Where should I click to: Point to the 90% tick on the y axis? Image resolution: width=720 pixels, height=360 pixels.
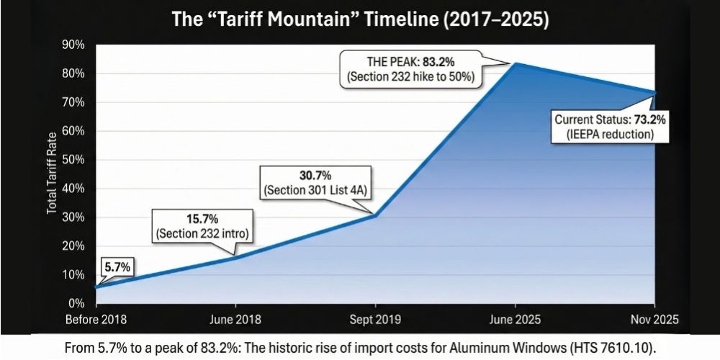[x=74, y=45]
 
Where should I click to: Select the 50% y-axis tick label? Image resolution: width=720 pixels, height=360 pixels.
[x=74, y=160]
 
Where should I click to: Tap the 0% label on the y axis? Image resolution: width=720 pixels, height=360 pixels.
[x=77, y=303]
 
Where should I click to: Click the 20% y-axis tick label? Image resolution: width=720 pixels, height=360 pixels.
[x=74, y=246]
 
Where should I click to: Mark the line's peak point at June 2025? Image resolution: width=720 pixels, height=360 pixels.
[x=514, y=63]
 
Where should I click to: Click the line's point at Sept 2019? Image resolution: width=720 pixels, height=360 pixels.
[x=374, y=215]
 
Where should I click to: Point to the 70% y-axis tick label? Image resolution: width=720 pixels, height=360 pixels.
[x=74, y=102]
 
